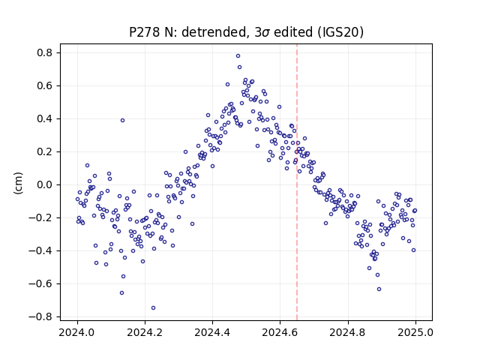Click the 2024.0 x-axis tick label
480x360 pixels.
tap(77, 332)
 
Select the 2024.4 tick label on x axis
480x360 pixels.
tap(212, 332)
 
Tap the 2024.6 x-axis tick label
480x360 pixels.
tap(280, 332)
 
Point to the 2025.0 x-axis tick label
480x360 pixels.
tap(415, 332)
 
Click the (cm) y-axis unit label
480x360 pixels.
tap(18, 183)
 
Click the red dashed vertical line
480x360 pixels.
tap(297, 182)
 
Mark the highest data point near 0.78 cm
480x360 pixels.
tap(238, 56)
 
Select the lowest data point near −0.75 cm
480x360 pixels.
tap(153, 308)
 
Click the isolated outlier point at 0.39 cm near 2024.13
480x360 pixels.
tap(122, 121)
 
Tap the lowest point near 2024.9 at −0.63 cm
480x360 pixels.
tap(379, 289)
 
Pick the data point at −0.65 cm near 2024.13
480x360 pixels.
tap(121, 293)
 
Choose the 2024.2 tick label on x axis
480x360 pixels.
tap(145, 332)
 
